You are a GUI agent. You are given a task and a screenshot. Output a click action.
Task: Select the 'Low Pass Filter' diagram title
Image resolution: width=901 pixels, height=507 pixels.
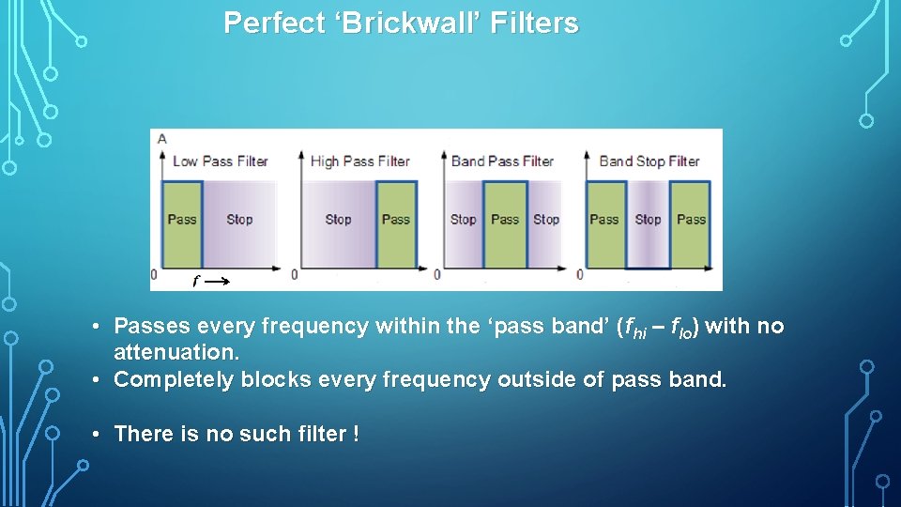pos(220,161)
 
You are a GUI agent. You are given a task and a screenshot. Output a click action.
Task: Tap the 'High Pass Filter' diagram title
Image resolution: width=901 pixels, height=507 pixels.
pos(360,161)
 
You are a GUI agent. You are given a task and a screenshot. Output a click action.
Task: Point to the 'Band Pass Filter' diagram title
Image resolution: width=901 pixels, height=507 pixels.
pos(502,161)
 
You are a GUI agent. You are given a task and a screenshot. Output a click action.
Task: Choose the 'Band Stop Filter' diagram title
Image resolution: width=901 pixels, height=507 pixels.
pos(649,161)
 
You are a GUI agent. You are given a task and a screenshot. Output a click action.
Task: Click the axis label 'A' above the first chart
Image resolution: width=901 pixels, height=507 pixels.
pos(162,139)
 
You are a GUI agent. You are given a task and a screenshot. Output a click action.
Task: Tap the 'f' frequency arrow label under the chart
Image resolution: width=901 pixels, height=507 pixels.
pos(195,280)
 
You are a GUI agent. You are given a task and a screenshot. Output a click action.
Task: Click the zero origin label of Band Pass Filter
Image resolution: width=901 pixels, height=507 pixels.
pos(436,274)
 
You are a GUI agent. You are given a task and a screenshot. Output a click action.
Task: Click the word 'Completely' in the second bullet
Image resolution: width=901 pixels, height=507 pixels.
pos(175,380)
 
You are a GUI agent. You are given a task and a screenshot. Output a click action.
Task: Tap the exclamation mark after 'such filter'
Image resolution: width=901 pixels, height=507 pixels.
pos(356,434)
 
